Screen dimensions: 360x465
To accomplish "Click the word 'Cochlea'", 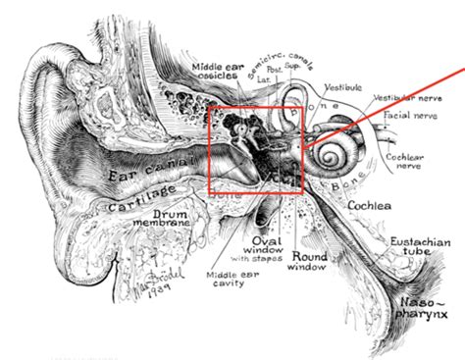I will tap(370, 205).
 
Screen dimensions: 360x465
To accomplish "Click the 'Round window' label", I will tap(309, 262).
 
